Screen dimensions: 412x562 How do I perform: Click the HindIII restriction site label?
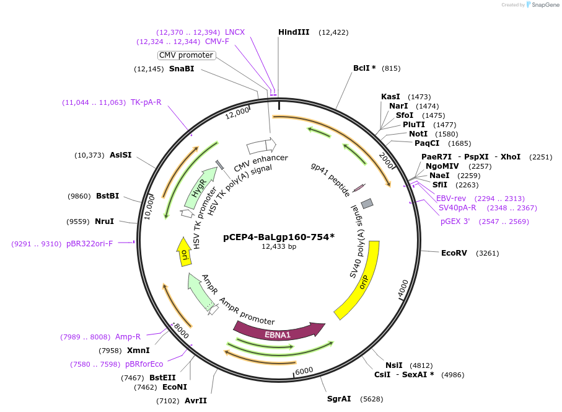(x=294, y=32)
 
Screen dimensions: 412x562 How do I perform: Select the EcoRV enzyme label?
(x=454, y=253)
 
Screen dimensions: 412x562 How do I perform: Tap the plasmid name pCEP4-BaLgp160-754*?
(x=279, y=236)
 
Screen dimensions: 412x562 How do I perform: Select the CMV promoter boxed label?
(x=187, y=55)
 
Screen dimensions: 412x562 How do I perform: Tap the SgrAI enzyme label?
(x=339, y=398)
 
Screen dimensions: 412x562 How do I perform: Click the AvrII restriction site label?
(x=196, y=400)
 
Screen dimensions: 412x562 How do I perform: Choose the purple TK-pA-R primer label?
(x=146, y=102)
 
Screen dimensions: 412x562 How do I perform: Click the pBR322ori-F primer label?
(x=90, y=244)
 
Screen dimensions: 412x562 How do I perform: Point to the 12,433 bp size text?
(x=279, y=247)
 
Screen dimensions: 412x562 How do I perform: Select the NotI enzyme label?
(x=418, y=133)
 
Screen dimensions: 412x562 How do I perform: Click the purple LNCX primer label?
(x=235, y=32)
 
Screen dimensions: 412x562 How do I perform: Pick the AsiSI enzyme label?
(x=121, y=154)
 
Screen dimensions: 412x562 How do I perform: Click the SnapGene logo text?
(x=543, y=4)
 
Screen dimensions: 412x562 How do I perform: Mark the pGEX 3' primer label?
(x=455, y=221)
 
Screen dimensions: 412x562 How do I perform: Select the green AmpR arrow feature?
(x=201, y=291)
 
